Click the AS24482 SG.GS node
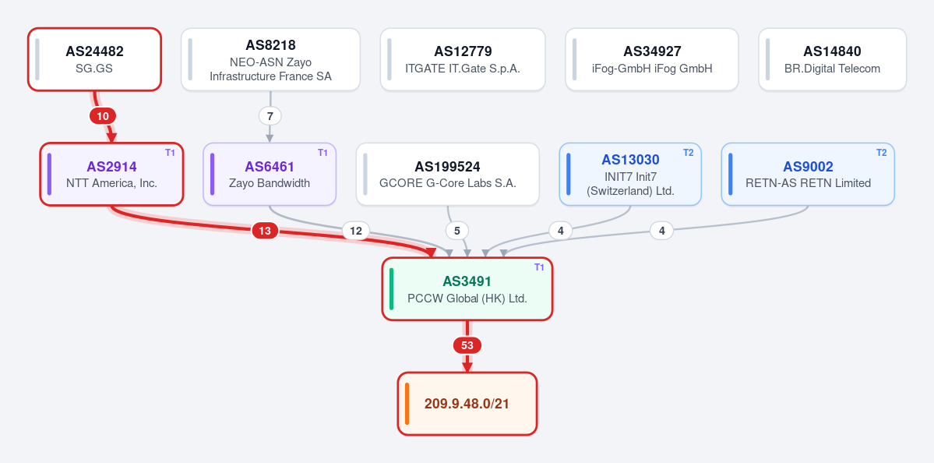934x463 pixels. pos(95,59)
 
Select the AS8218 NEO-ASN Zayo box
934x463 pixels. pos(270,59)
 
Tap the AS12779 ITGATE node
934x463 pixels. pos(463,59)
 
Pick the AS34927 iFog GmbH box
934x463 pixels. pos(652,59)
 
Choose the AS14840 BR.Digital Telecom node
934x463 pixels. pos(832,59)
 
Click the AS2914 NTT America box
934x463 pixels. pos(111,174)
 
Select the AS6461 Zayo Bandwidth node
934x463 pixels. pos(270,174)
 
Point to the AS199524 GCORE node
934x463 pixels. pos(448,174)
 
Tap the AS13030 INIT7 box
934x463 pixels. pos(630,174)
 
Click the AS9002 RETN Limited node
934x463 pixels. pos(808,174)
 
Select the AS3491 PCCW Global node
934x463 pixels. pos(467,289)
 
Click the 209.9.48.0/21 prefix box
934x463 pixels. pos(467,404)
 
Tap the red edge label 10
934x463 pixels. pos(103,116)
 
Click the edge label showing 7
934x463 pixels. pos(270,116)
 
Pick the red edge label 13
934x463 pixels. pos(265,231)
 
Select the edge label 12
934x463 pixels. pos(356,231)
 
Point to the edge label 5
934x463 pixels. pos(457,231)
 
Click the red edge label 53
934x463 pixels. pos(467,345)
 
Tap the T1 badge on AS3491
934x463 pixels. pos(539,267)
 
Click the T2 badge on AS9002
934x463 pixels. pos(881,153)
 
